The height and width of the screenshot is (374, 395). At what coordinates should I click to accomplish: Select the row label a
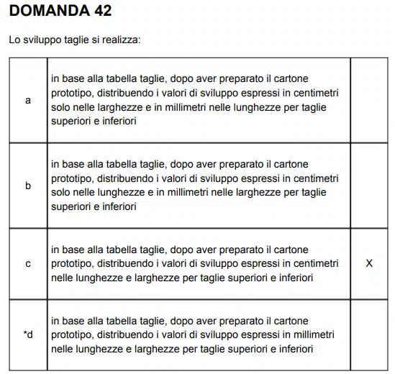click(28, 101)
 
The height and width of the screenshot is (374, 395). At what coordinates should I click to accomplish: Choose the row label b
click(28, 186)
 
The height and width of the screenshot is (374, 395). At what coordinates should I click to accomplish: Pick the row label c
click(28, 263)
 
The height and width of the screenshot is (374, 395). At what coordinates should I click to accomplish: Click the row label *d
click(28, 334)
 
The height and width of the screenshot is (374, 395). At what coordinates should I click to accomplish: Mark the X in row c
click(369, 263)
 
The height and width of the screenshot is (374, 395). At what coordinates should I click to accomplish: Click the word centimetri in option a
click(314, 93)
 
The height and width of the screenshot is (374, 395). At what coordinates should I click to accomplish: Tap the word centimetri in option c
click(314, 263)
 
